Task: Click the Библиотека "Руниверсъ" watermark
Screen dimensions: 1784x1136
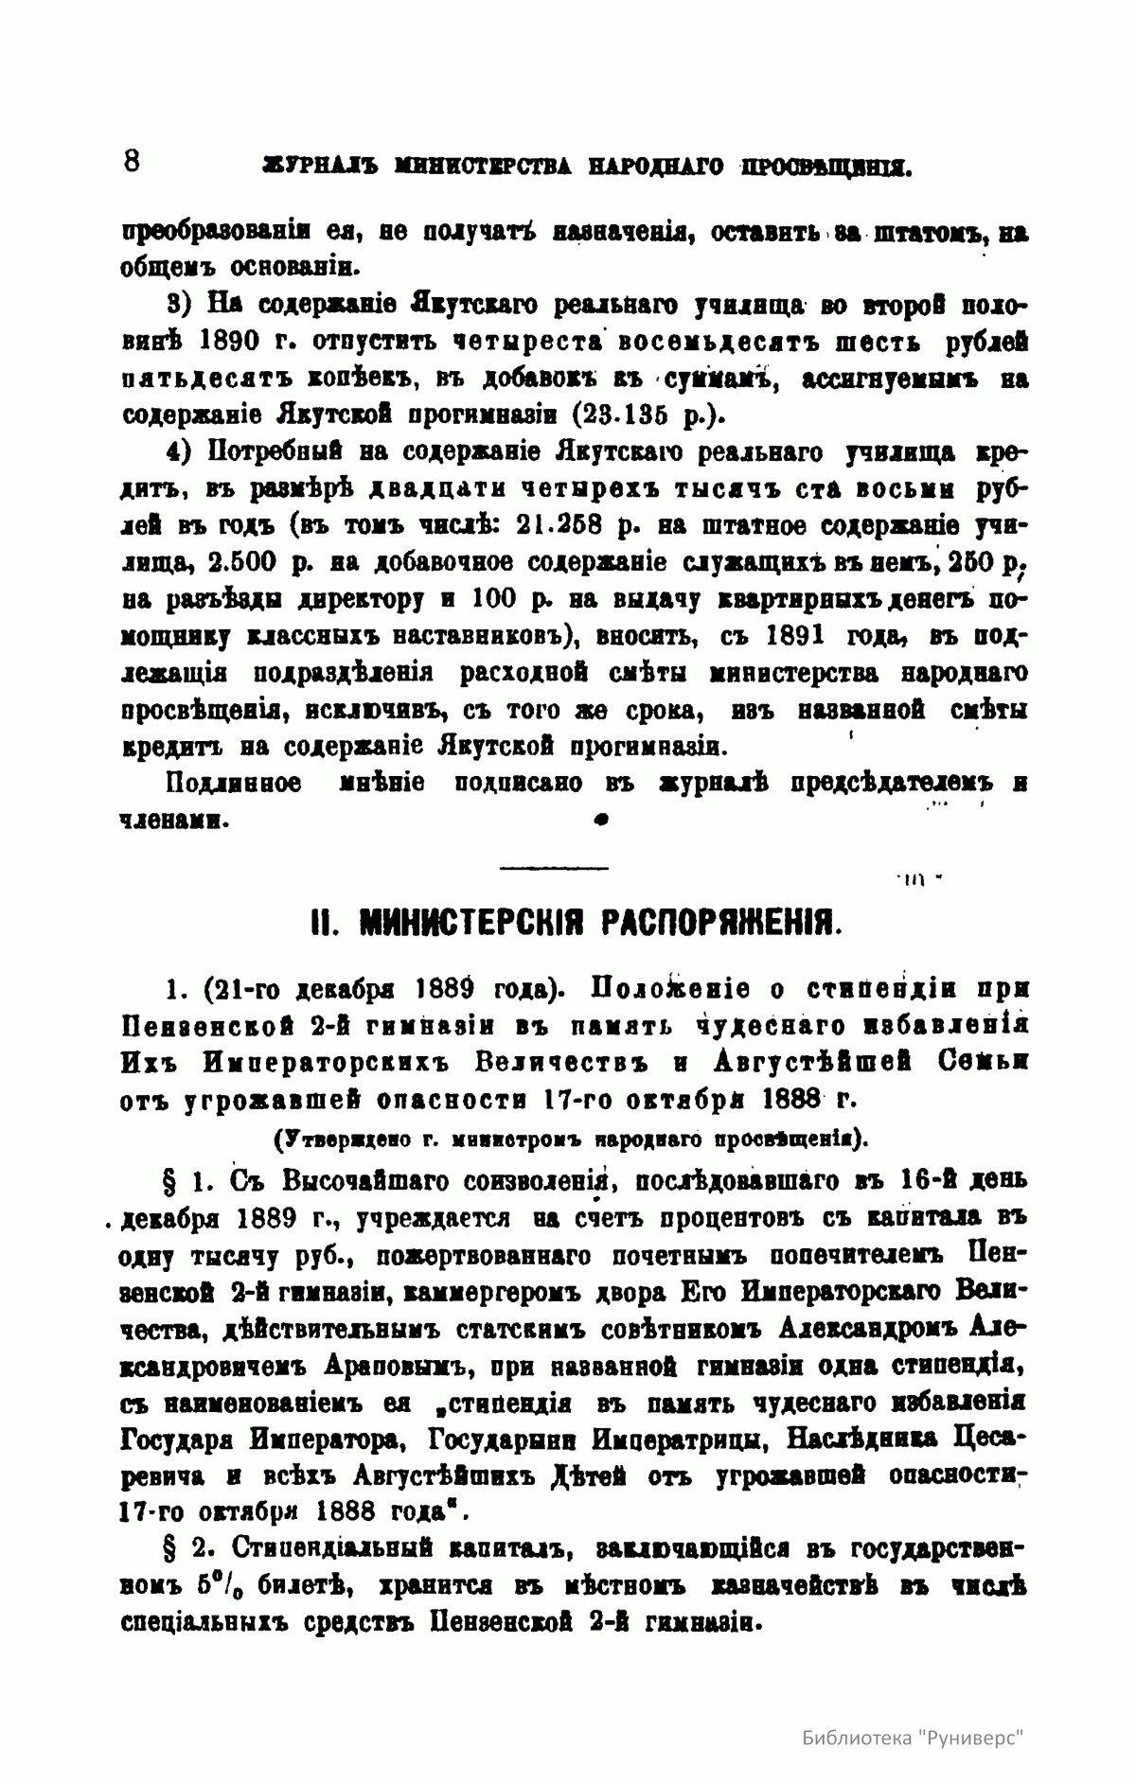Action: pyautogui.click(x=914, y=1739)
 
